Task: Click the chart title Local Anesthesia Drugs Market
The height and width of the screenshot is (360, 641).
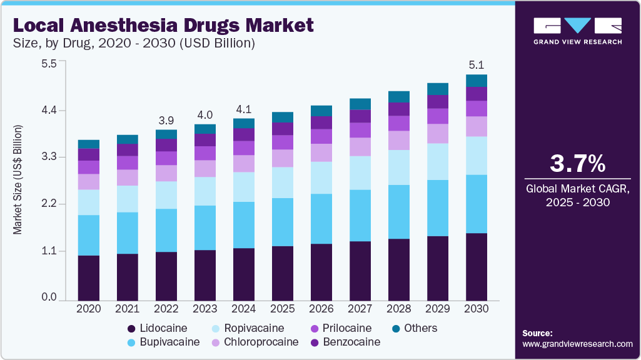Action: [163, 26]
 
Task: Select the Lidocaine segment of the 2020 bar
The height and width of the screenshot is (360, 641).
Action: [89, 277]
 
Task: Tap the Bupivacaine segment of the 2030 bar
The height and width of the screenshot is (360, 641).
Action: [477, 204]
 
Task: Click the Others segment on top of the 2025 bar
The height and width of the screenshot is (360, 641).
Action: [283, 117]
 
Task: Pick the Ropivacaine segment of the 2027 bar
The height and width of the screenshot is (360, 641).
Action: [360, 172]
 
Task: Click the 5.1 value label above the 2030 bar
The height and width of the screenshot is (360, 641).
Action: [477, 65]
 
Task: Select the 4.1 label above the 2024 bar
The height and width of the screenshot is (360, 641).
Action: [244, 109]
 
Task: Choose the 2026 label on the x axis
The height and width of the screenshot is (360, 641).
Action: [321, 309]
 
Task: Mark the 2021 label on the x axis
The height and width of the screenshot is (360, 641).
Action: [128, 309]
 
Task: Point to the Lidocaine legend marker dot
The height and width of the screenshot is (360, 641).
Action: [131, 329]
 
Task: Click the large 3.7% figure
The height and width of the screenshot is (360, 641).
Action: [577, 164]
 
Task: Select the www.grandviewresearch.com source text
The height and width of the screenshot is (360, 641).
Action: [577, 344]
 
